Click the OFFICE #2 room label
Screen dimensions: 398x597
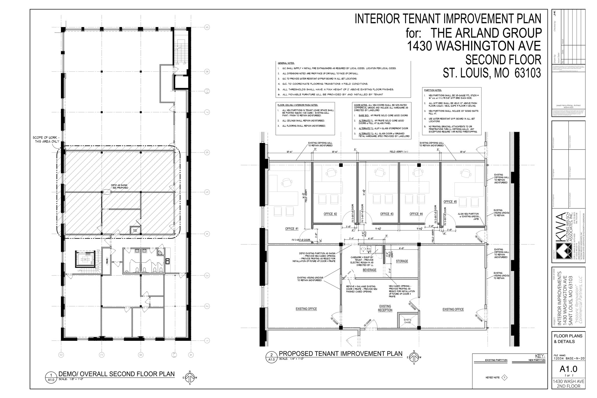tap(330, 214)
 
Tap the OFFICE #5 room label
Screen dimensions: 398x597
tap(450, 201)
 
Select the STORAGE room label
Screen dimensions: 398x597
tap(402, 261)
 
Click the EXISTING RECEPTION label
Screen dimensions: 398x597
tap(385, 308)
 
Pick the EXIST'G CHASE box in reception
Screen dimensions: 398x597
tap(407, 321)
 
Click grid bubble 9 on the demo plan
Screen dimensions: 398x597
tap(207, 27)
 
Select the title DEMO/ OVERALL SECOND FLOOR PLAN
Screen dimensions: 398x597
tap(117, 374)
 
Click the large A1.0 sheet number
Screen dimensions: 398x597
tap(568, 369)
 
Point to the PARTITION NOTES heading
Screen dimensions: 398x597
tap(433, 90)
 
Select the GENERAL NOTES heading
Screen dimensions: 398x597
tap(286, 63)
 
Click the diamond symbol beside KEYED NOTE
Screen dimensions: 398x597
tap(504, 378)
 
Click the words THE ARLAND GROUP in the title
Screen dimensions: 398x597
tap(486, 33)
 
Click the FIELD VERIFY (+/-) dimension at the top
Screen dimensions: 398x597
tap(398, 152)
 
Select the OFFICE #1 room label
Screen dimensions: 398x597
tap(292, 229)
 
